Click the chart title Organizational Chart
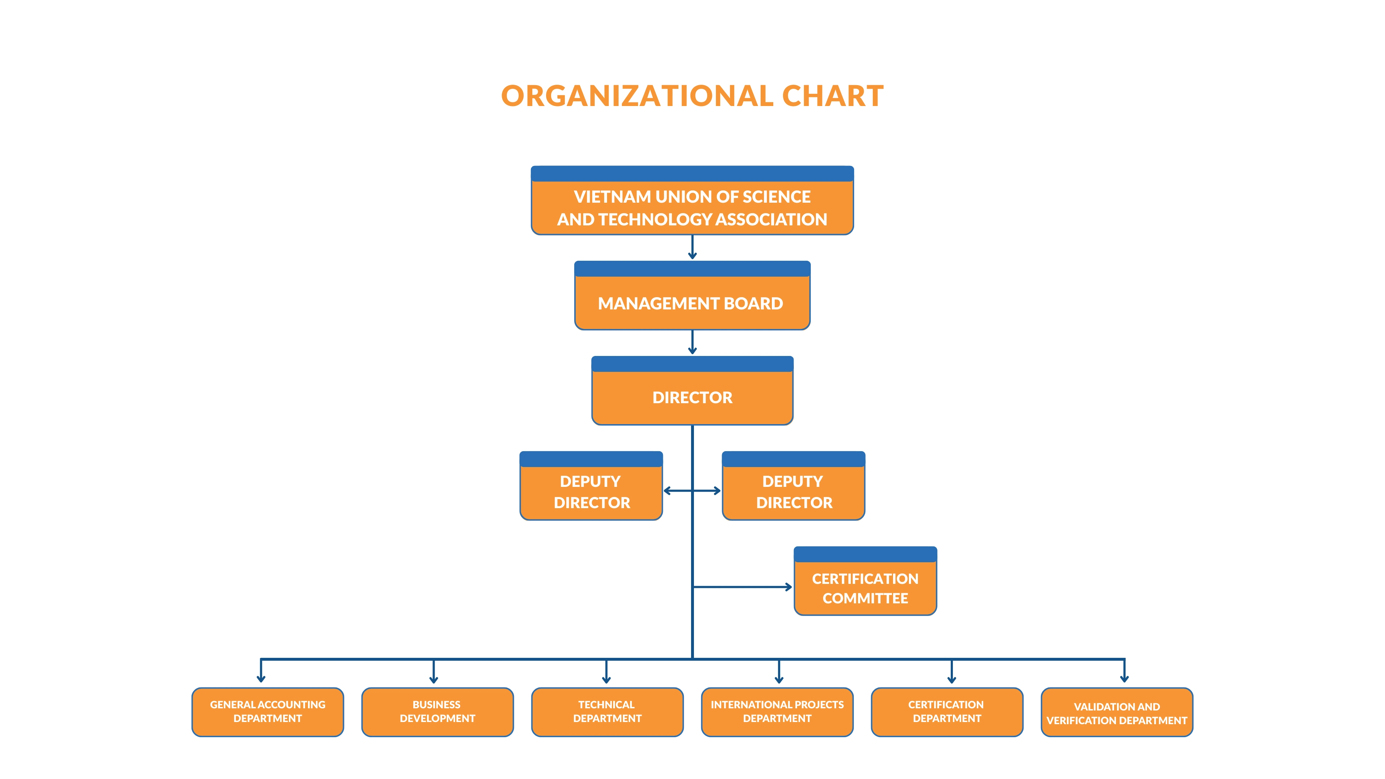coord(692,96)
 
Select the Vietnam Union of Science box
coord(692,201)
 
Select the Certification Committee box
coord(865,581)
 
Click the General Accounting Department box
coord(268,712)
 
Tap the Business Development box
coord(438,712)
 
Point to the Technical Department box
coord(607,712)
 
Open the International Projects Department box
coord(778,712)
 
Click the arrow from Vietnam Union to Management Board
coord(692,247)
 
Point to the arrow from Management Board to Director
coord(692,343)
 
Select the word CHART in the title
coord(832,96)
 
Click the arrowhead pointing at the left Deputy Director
coord(668,490)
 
